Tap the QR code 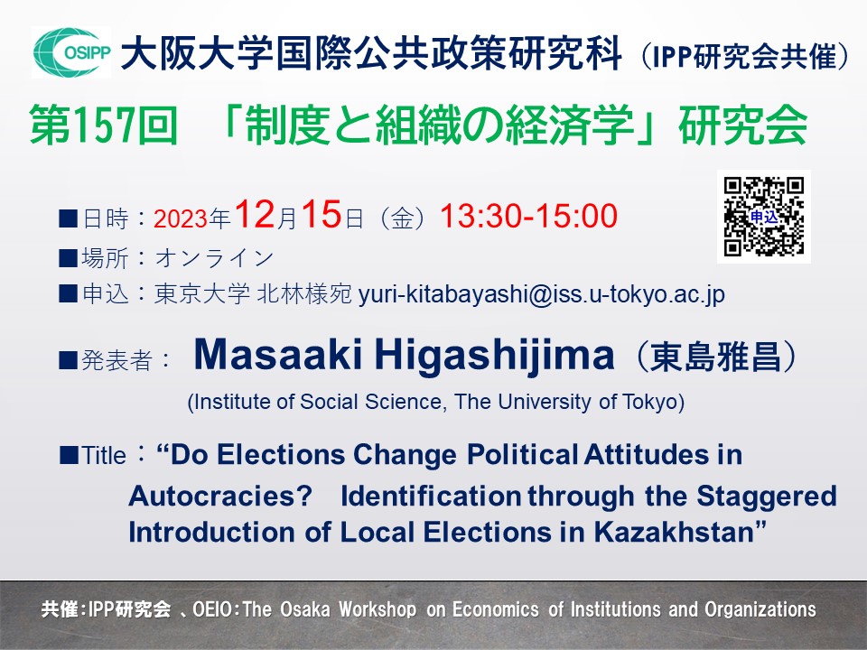pos(764,216)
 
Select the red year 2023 pos(181,218)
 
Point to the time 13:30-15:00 pos(528,216)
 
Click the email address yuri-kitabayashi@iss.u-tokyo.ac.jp pos(542,294)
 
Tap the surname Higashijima pos(495,356)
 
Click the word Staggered pos(767,497)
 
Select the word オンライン pos(215,257)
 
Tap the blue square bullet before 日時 pos(68,218)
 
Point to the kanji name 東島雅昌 pos(716,357)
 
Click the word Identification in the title pos(431,497)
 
